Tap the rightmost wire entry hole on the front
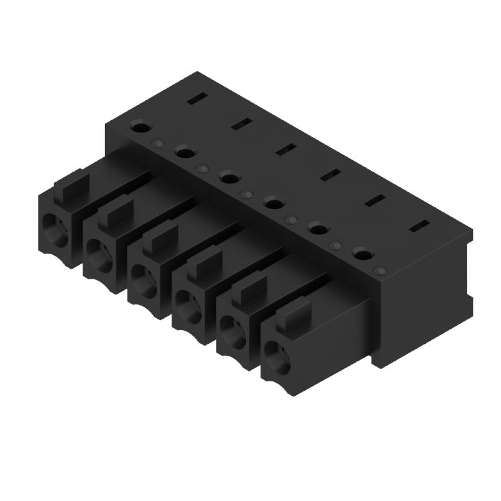(x=276, y=359)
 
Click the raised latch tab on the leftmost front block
(x=71, y=183)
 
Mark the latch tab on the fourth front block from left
(x=205, y=265)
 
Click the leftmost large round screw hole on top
(x=140, y=127)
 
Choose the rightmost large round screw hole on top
(x=361, y=254)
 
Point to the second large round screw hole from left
(x=184, y=151)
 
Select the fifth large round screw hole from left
(x=318, y=229)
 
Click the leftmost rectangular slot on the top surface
(x=197, y=98)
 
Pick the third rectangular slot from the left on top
(x=286, y=149)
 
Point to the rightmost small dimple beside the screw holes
(x=378, y=270)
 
